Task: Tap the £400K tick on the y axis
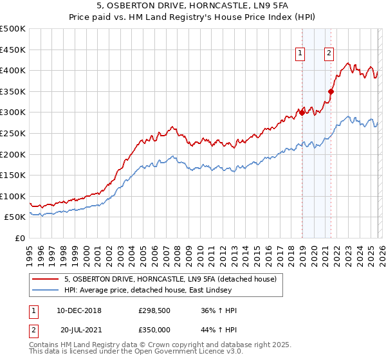(14, 71)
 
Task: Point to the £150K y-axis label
(14, 175)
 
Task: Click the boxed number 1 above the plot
(300, 54)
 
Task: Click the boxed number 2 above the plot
(329, 54)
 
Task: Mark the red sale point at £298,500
(302, 113)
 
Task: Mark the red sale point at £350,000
(331, 91)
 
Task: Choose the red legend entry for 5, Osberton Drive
(170, 279)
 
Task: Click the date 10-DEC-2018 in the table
(84, 310)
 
